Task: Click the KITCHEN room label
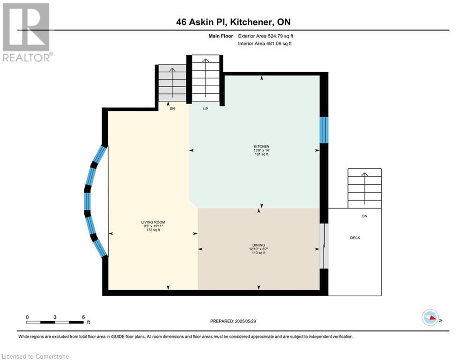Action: (x=261, y=146)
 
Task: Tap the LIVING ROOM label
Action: (x=153, y=222)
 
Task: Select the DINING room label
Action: (x=259, y=245)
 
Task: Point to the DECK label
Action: (x=355, y=238)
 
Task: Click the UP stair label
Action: (x=205, y=109)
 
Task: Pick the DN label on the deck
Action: (x=365, y=216)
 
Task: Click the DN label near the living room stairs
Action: (x=172, y=109)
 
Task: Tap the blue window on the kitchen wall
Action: (x=324, y=130)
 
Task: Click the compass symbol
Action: (x=430, y=317)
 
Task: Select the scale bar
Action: (x=55, y=322)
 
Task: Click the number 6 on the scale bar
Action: (x=83, y=317)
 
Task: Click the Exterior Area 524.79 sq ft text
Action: (x=266, y=36)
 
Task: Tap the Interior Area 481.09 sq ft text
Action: (x=265, y=44)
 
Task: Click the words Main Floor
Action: (x=221, y=36)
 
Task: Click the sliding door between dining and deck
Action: (x=324, y=246)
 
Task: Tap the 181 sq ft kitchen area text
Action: (x=261, y=154)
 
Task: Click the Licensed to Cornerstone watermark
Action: (x=35, y=356)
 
